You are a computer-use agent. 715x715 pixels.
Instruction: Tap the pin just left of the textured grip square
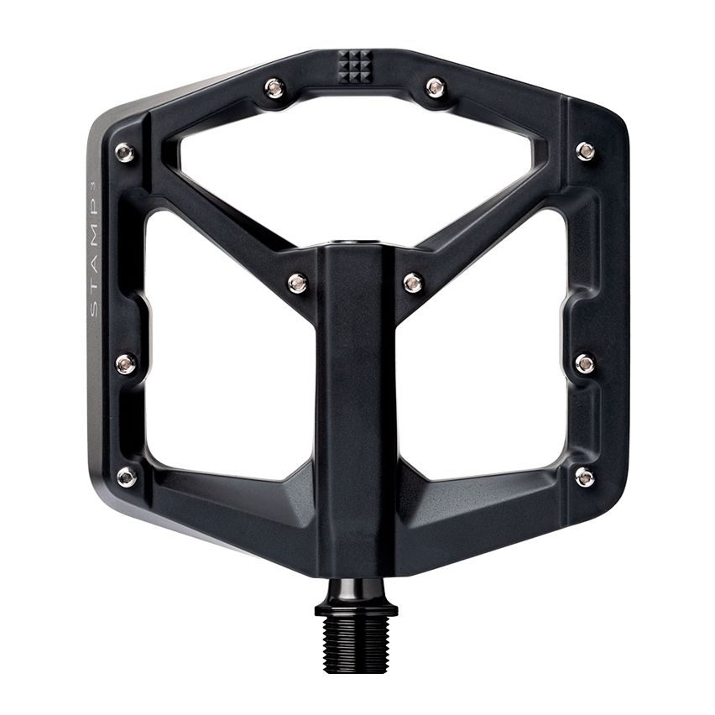pos(274,86)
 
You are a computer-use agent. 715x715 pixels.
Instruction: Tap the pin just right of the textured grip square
pos(435,86)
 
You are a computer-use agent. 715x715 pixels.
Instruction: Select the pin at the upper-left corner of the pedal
pos(124,152)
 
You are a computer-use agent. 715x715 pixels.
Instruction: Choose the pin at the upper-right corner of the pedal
pos(585,151)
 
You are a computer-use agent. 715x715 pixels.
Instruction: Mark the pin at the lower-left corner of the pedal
pos(127,477)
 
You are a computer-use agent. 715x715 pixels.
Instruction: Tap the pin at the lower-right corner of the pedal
pos(584,477)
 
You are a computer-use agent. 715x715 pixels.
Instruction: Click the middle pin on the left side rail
pos(126,363)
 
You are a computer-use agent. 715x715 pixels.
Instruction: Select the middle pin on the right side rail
pos(585,363)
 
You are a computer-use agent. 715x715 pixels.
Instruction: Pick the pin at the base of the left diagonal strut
pos(297,283)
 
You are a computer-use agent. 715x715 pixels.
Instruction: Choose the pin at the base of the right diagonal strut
pos(412,283)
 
